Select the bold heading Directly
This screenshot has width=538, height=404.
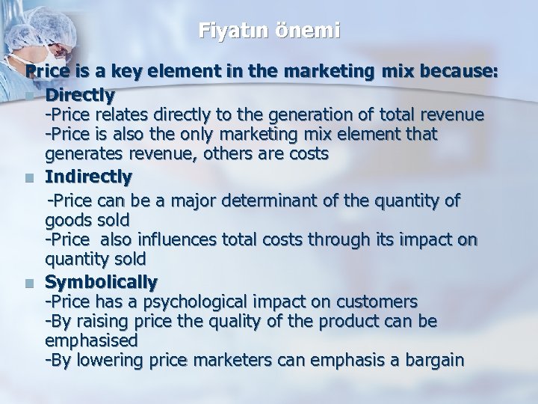pos(79,96)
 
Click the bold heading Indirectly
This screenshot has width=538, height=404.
pos(88,177)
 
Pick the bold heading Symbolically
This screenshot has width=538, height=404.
pos(101,282)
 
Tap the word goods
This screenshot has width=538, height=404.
pos(67,220)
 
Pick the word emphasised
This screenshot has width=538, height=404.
pos(91,340)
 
